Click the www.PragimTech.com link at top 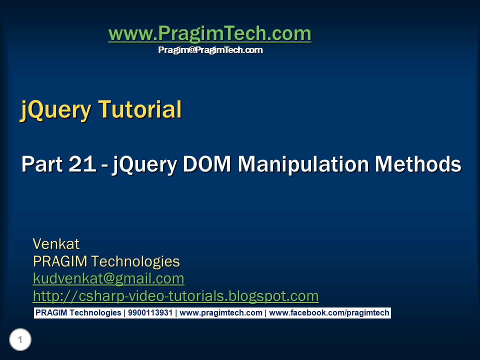tap(209, 34)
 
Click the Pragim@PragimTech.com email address tap(210, 50)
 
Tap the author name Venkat tap(56, 244)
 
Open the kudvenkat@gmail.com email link tap(108, 278)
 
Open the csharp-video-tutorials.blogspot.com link tap(175, 296)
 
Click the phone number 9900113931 tap(149, 313)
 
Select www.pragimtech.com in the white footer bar tap(220, 313)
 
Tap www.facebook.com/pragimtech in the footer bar tap(329, 313)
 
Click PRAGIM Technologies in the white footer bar tap(78, 313)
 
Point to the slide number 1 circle tap(20, 340)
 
